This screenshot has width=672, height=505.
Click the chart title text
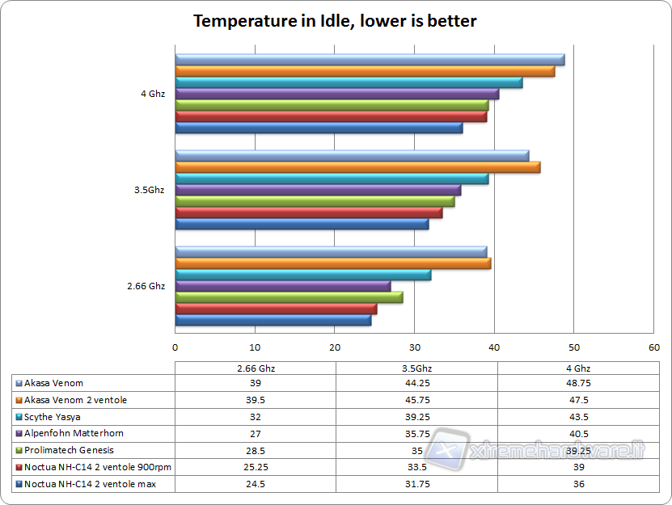click(335, 21)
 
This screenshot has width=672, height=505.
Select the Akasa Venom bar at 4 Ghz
click(370, 60)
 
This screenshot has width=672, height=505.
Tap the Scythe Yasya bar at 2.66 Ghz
click(303, 275)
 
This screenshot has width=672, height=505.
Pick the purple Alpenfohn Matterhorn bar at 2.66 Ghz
click(283, 286)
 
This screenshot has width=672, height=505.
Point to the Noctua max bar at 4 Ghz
click(319, 128)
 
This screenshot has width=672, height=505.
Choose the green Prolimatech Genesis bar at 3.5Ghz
click(315, 201)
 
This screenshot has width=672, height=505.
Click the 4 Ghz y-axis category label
click(152, 94)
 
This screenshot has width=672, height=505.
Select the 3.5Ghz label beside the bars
click(150, 190)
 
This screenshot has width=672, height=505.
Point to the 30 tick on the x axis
click(414, 348)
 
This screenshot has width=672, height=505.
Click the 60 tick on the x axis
click(653, 348)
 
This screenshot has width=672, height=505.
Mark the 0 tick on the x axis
click(175, 348)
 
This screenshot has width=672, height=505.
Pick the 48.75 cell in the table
click(577, 383)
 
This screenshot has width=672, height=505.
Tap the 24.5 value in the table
click(256, 484)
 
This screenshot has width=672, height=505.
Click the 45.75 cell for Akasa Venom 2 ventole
click(416, 400)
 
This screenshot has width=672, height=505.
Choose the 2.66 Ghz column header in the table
click(256, 368)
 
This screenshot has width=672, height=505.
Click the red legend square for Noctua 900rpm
click(19, 467)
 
